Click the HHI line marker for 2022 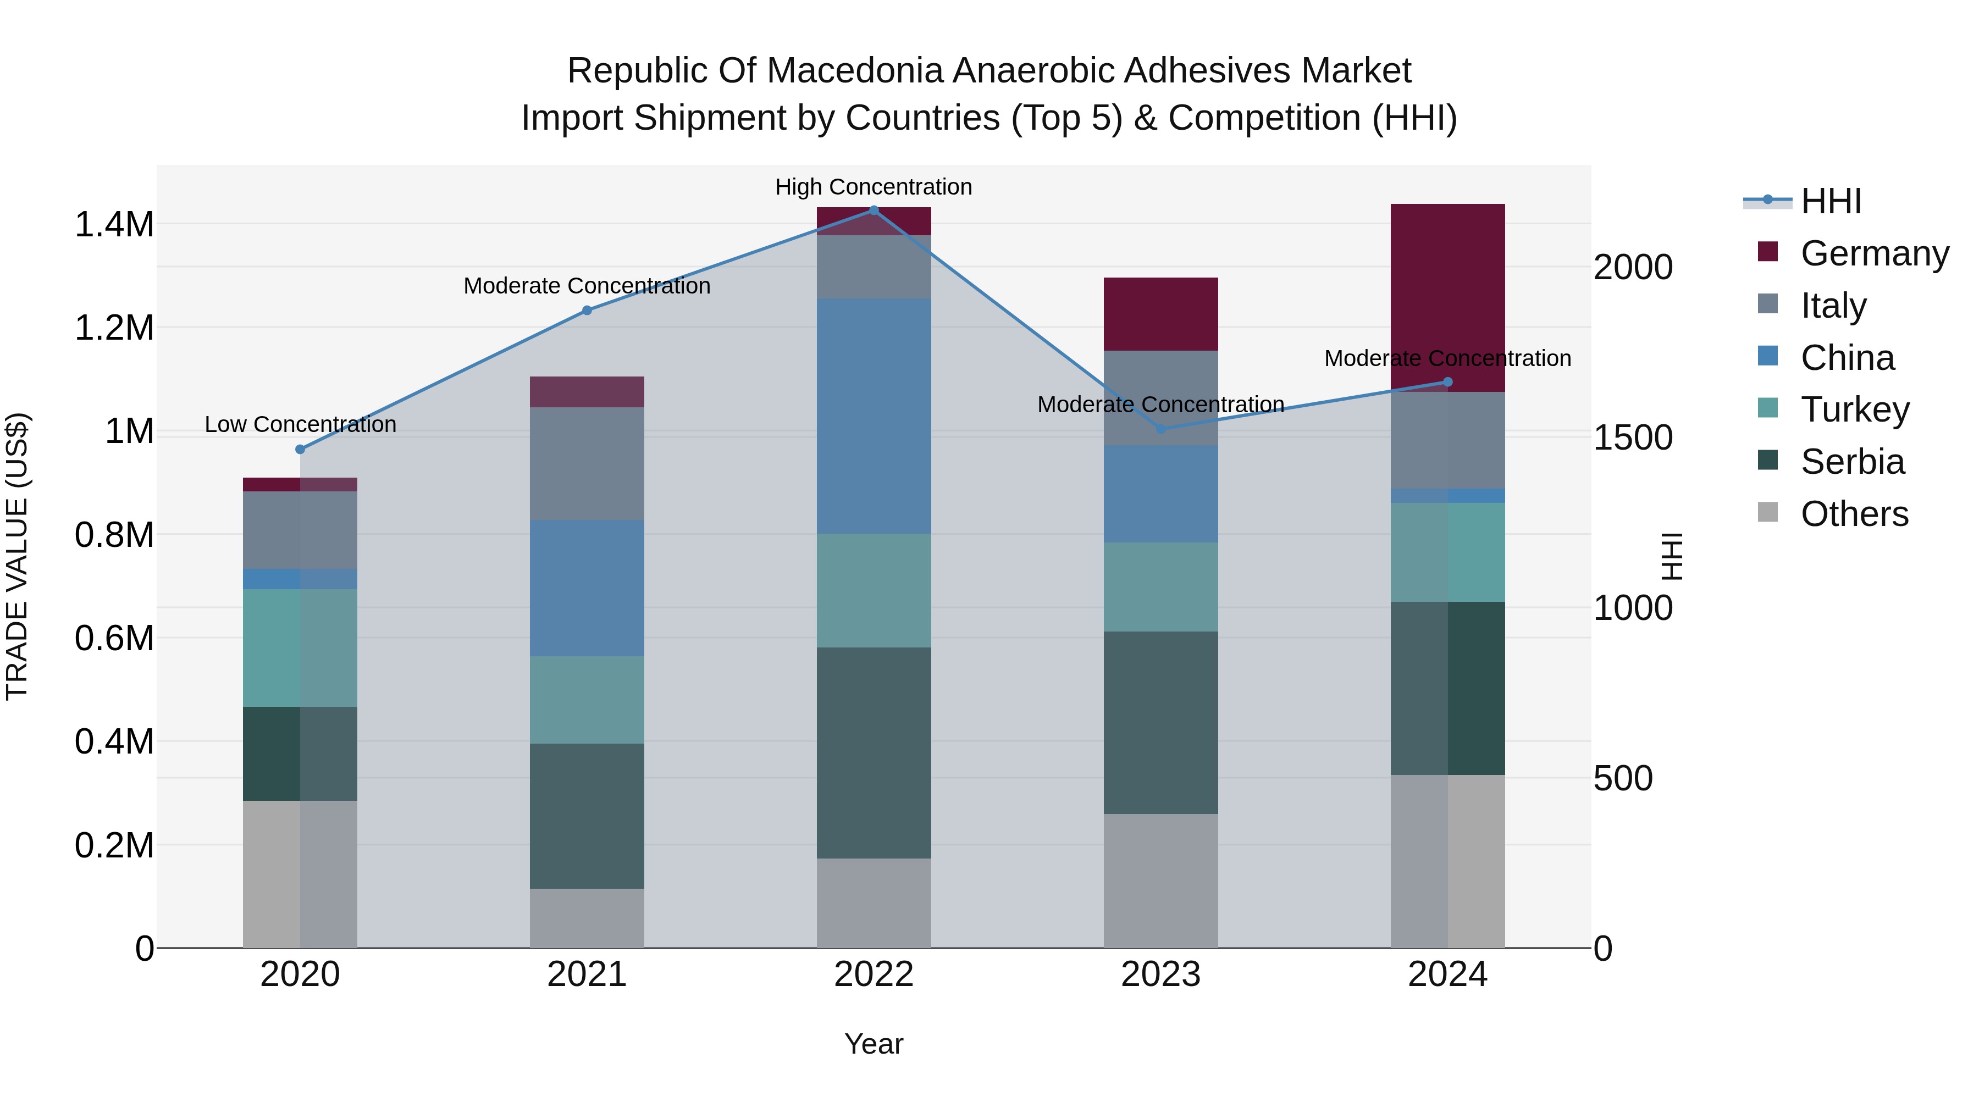coord(874,210)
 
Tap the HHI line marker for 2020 coord(300,450)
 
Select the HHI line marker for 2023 coord(1161,429)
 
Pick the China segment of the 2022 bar coord(874,416)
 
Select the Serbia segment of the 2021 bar coord(587,816)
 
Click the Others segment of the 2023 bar coord(1161,881)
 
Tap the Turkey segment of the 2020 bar coord(300,647)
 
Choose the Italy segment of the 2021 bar coord(587,463)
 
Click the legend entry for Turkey coord(1855,409)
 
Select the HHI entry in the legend coord(1831,201)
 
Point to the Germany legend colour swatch coord(1768,252)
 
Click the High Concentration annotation coord(874,187)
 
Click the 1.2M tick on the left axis coord(114,328)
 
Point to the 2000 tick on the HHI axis coord(1633,267)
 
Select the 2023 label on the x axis coord(1161,974)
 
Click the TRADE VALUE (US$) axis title coord(17,556)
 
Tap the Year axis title coord(874,1044)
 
